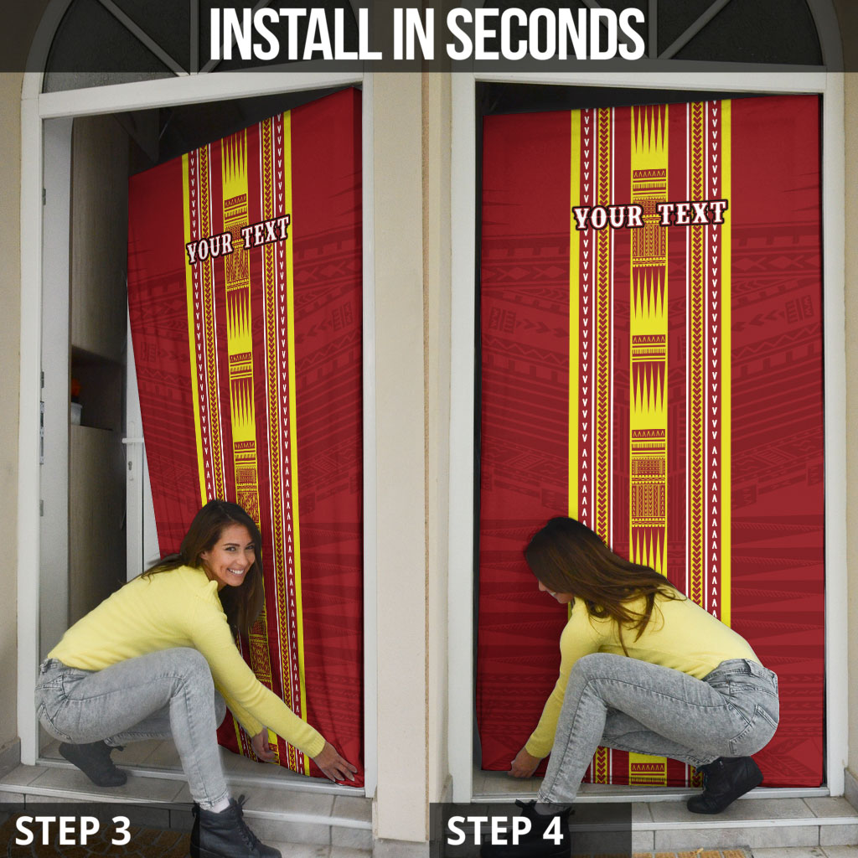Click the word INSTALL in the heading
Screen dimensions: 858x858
point(296,34)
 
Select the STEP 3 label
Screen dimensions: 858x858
point(73,830)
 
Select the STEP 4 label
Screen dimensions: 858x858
point(504,830)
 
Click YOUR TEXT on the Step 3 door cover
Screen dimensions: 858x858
point(237,239)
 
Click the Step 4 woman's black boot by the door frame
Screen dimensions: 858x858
point(724,783)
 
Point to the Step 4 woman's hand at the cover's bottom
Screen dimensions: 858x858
point(524,763)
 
